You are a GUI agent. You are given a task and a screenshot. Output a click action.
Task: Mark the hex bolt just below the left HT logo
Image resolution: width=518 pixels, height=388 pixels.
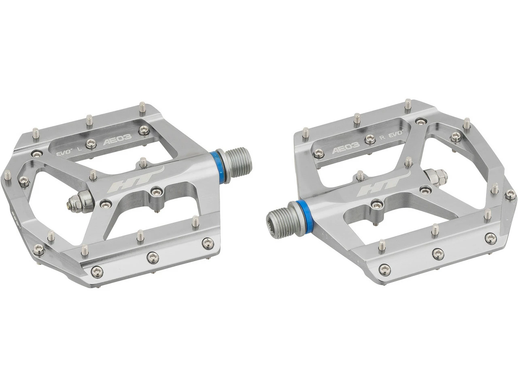[154, 190]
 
